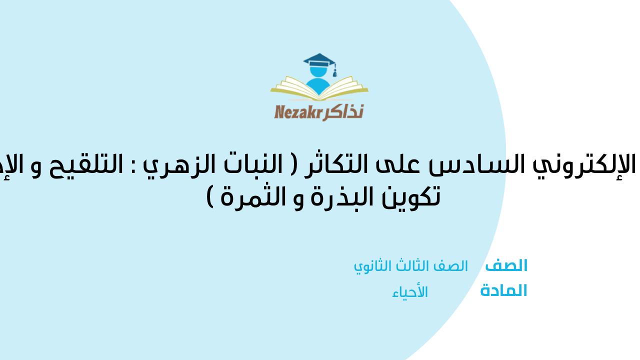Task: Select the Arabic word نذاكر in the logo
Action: tap(344, 111)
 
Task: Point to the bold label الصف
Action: tap(506, 266)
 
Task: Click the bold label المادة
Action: tap(503, 291)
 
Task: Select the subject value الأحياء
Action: tap(410, 292)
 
